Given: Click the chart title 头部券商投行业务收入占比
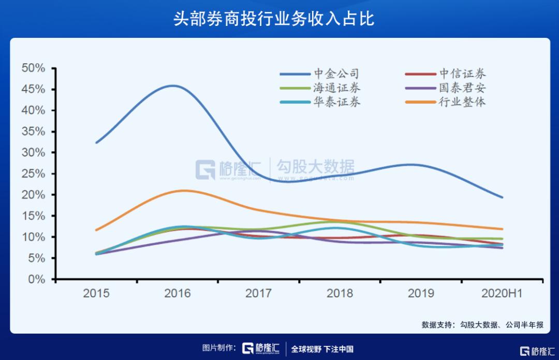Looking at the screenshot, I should pos(274,19).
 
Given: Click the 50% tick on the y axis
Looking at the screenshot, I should pos(33,68).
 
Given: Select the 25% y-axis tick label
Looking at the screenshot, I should pos(33,174).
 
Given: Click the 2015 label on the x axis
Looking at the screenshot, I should pos(97,294).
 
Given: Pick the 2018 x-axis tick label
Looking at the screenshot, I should pos(340,294).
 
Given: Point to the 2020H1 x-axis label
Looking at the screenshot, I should pos(502,294).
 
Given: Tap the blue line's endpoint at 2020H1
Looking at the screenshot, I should pos(502,197).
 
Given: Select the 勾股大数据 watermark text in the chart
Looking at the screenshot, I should pos(316,167).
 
